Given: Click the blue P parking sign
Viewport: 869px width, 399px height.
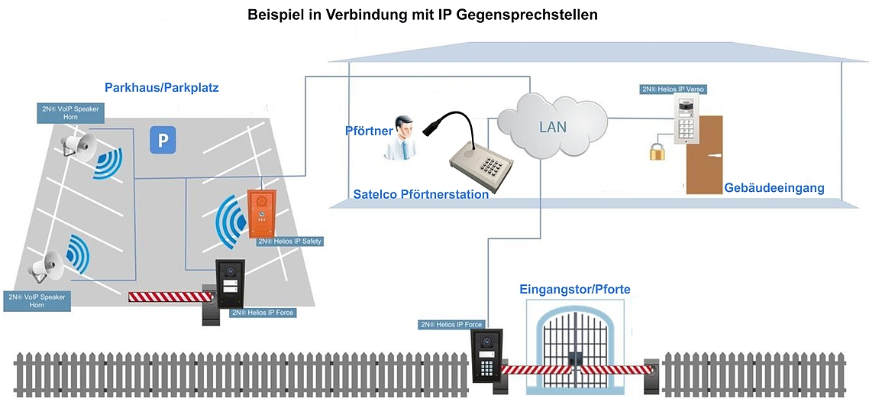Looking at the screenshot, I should click(x=162, y=140).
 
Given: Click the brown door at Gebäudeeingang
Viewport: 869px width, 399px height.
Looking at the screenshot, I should click(x=704, y=154).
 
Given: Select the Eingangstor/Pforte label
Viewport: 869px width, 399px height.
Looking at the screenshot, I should click(x=574, y=290).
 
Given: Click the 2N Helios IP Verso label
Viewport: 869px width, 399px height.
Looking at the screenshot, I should click(x=673, y=89).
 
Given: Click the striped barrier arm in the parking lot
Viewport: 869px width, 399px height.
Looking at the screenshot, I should click(x=164, y=296).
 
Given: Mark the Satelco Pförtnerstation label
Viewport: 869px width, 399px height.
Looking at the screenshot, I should click(x=421, y=195).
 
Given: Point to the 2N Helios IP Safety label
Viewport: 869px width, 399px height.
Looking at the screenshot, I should click(x=290, y=242).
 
